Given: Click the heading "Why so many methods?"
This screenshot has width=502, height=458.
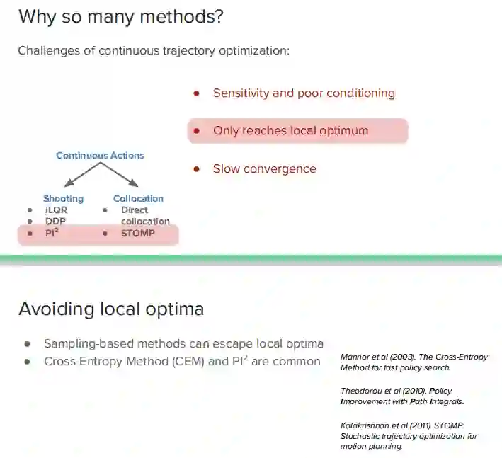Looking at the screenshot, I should (120, 17).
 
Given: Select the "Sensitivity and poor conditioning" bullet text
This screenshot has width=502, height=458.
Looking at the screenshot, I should (304, 93).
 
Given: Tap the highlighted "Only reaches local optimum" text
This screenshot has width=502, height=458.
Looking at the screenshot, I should (290, 130).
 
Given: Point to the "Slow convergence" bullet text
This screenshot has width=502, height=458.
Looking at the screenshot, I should (264, 168).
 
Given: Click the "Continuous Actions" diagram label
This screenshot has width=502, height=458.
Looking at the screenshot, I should (100, 155).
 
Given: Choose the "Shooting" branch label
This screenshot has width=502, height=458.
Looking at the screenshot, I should (63, 199).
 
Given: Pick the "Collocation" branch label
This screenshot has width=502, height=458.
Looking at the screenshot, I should (138, 199).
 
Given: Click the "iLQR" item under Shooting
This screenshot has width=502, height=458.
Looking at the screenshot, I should (56, 210).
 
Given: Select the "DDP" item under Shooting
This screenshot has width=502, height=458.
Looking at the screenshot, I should (55, 222).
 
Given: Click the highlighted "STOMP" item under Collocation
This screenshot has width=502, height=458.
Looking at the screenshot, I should (137, 233).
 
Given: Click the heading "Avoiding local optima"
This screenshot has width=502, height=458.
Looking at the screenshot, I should (111, 309).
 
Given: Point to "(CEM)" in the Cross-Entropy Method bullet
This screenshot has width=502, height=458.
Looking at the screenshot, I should (212, 362).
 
